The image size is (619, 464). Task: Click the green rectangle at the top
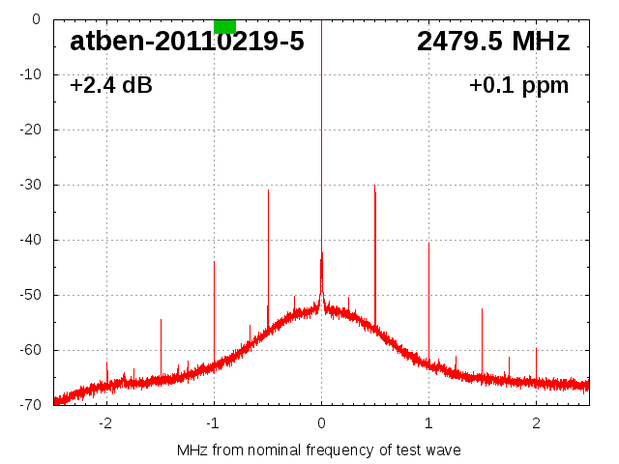tap(224, 26)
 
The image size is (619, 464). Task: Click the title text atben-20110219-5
tap(187, 42)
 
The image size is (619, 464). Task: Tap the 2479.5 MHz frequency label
tap(492, 42)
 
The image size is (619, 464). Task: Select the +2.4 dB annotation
tap(111, 86)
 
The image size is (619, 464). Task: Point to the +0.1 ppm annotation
tap(518, 86)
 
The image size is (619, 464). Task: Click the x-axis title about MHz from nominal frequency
tap(318, 450)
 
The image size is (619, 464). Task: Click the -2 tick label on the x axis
tap(105, 422)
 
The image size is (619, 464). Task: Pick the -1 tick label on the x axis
tap(213, 422)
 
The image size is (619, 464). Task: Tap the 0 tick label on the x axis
tap(321, 422)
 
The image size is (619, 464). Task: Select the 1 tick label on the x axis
tap(428, 422)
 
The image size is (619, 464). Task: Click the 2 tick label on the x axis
tap(536, 422)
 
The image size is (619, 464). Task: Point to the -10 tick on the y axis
tap(32, 74)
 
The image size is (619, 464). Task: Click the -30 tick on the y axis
tap(32, 185)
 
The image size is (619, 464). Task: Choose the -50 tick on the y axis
tap(32, 295)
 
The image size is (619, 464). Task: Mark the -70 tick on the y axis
tap(32, 405)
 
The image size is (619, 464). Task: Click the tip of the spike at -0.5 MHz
tap(268, 190)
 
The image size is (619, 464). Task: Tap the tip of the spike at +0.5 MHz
tap(374, 185)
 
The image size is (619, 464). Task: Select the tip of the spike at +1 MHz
tap(428, 243)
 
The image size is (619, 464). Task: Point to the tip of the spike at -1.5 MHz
tap(161, 319)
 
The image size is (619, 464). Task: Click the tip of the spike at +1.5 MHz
tap(482, 309)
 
